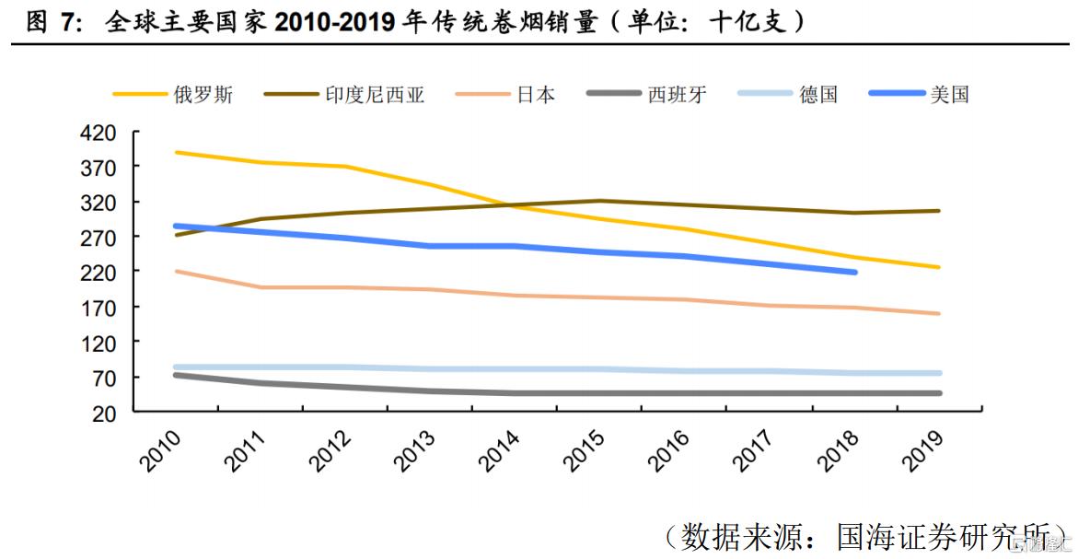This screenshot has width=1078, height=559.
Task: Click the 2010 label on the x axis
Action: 160,450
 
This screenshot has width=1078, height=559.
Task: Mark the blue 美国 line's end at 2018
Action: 855,273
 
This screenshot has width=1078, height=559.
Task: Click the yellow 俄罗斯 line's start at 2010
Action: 176,152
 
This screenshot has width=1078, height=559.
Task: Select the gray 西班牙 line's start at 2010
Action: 176,375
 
